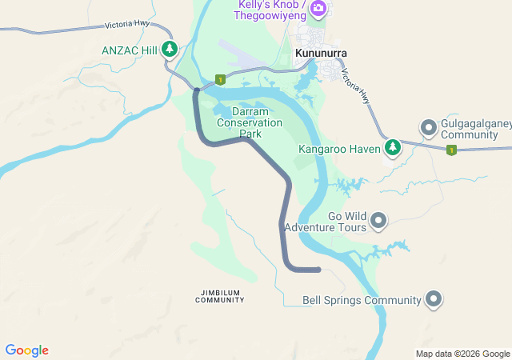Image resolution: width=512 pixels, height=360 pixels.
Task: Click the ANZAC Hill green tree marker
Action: [x=169, y=50]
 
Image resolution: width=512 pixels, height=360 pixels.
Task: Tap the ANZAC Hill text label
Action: [x=130, y=50]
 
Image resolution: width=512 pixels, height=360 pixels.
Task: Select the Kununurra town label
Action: [x=321, y=54]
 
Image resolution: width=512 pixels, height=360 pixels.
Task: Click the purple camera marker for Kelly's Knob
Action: [x=318, y=8]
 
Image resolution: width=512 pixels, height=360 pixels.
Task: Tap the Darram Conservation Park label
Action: [x=250, y=122]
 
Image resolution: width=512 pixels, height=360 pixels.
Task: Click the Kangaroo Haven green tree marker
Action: [x=392, y=147]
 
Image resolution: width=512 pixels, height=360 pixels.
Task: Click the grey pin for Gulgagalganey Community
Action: [x=428, y=127]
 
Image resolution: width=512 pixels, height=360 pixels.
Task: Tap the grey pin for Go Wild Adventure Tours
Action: [x=378, y=219]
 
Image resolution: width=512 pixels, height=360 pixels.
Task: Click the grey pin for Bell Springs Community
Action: [x=434, y=299]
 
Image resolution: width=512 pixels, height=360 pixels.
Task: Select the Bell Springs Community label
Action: [x=362, y=301]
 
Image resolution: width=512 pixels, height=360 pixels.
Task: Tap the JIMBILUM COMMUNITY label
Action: [x=220, y=296]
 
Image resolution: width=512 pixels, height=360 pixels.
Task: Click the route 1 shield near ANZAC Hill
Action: [x=219, y=80]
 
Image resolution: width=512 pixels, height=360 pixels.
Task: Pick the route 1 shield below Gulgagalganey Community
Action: [x=451, y=150]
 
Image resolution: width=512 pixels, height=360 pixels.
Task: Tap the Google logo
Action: [x=26, y=350]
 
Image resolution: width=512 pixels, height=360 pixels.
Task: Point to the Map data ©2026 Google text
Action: [x=462, y=354]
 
